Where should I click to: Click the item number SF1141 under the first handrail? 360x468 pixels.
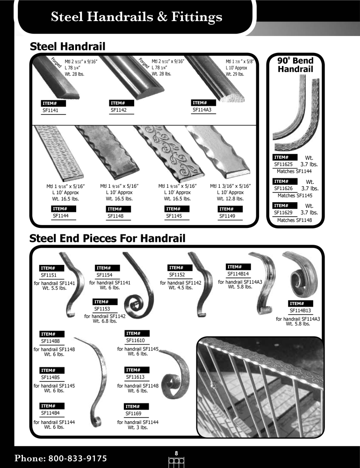[50, 110]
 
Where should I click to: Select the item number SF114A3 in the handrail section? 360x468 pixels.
[202, 110]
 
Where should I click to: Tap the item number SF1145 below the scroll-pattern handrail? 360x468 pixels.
[174, 216]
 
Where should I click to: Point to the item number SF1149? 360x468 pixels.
[227, 216]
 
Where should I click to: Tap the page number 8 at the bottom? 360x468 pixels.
[176, 453]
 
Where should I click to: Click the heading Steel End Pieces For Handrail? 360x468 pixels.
[108, 238]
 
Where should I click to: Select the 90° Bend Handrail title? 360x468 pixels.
[295, 65]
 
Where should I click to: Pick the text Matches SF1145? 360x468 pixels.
[295, 196]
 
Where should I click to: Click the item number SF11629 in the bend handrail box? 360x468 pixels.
[283, 212]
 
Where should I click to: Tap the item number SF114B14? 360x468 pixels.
[238, 274]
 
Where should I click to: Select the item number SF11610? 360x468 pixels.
[136, 340]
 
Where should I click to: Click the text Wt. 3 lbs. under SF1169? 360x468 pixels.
[138, 427]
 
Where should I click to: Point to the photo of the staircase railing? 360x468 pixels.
[260, 387]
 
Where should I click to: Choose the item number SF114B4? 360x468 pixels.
[50, 413]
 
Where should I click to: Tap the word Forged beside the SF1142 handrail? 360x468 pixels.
[144, 63]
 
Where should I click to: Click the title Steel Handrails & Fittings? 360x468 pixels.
[137, 17]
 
